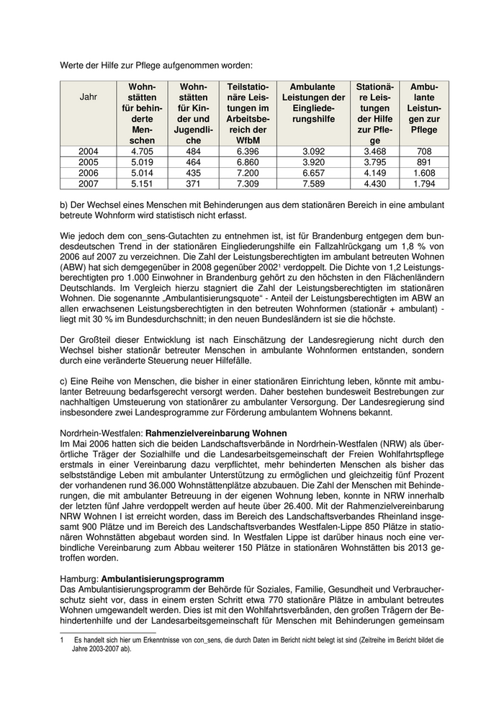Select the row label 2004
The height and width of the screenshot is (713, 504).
tap(88, 151)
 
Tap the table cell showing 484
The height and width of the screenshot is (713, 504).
tap(194, 151)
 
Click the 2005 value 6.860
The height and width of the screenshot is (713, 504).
tap(247, 162)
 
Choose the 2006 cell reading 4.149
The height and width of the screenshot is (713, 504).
tap(375, 173)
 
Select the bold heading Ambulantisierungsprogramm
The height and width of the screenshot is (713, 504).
tap(163, 578)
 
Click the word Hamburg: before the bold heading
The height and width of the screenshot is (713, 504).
tap(79, 578)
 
